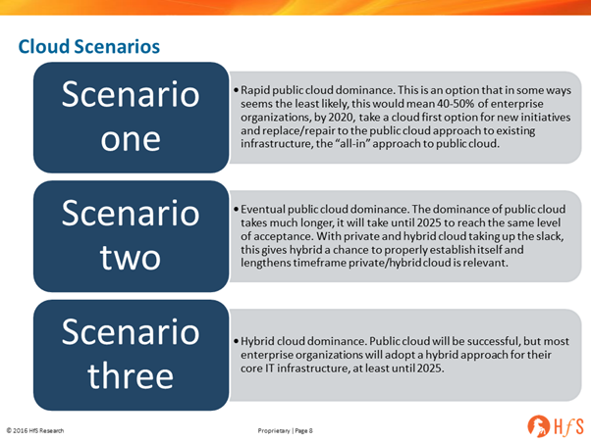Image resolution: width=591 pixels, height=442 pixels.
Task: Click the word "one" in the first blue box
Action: (131, 139)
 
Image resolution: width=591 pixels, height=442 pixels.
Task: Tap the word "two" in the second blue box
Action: (131, 258)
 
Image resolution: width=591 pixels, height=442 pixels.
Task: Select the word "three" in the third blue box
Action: (131, 375)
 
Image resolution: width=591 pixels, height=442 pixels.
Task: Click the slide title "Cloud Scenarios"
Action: (89, 47)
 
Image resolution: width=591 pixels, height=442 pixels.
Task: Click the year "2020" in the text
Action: (341, 117)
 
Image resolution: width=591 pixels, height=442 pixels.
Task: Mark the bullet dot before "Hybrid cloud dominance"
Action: (236, 342)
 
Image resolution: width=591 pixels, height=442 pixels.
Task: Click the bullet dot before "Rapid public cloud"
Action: (236, 91)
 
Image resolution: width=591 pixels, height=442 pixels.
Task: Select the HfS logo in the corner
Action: (556, 426)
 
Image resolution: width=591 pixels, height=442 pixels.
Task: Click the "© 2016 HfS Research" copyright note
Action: (35, 430)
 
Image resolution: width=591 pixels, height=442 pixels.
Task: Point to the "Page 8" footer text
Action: (303, 430)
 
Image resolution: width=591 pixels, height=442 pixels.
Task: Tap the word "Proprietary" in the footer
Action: (274, 430)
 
